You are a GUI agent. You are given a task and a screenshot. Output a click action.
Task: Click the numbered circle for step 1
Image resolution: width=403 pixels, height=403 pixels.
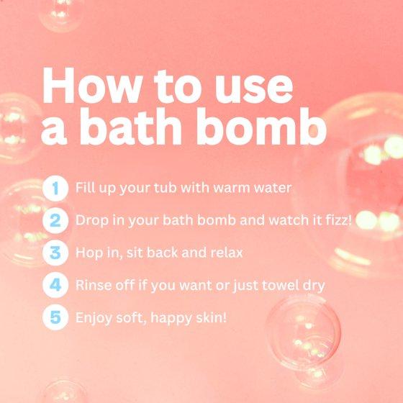[55, 188]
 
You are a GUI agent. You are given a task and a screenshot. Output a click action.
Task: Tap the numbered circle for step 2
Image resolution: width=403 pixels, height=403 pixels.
[55, 220]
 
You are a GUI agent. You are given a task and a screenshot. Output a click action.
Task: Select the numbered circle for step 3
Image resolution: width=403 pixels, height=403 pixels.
[55, 253]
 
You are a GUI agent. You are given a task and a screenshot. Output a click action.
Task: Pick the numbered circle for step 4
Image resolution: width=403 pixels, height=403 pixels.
[55, 285]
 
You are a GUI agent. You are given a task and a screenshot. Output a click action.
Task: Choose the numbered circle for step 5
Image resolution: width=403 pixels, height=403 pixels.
[55, 317]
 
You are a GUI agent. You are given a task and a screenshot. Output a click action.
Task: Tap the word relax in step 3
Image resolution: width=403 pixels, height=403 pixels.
[227, 253]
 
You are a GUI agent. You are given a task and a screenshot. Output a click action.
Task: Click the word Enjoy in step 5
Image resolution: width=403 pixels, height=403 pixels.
[94, 318]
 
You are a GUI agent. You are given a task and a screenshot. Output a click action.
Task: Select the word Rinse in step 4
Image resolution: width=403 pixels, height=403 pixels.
[94, 285]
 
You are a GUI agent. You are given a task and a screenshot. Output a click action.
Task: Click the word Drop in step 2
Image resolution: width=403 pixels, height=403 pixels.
[92, 220]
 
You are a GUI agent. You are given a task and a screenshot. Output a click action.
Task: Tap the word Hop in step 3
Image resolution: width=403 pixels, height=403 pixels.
[89, 253]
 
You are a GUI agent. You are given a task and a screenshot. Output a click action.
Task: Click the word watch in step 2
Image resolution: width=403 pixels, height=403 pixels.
[289, 220]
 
